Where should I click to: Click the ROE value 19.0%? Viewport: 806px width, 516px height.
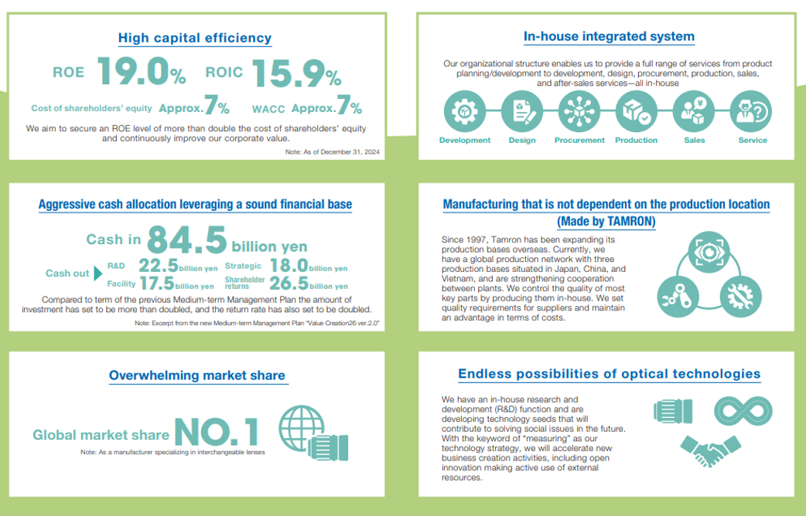point(141,72)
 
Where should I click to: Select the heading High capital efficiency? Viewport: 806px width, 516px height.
point(194,37)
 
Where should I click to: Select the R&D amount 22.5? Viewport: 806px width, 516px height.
point(159,266)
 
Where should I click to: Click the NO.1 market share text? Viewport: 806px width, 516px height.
point(216,432)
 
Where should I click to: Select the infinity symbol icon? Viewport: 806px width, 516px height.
point(743,411)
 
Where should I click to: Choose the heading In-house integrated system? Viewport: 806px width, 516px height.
point(609,36)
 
